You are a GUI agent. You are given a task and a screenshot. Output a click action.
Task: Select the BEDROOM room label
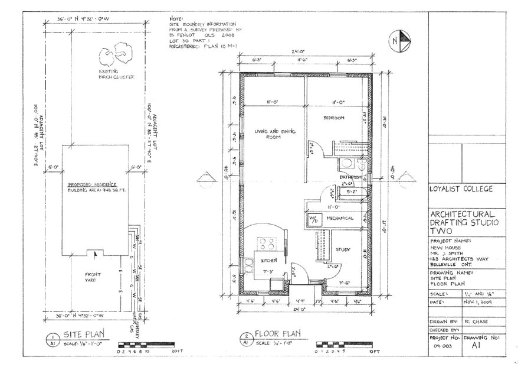(x=333, y=118)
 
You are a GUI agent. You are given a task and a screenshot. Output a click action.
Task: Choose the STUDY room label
(x=343, y=250)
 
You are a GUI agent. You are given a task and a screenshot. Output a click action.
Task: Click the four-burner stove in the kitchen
(x=267, y=243)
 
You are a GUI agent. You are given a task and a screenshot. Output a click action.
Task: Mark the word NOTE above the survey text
(x=175, y=18)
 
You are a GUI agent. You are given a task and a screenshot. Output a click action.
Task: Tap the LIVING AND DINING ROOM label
(x=275, y=134)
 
